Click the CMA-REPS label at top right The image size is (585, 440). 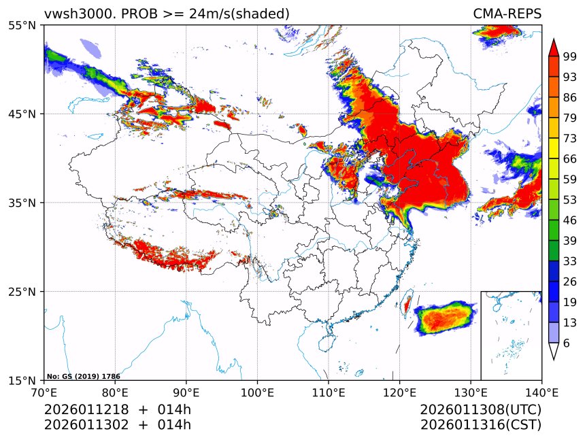(x=507, y=14)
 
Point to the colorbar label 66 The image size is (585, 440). (x=570, y=158)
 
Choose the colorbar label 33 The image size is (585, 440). (x=570, y=261)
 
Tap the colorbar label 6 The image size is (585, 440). (x=567, y=343)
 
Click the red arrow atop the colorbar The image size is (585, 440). (x=554, y=47)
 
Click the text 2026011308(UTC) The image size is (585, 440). (x=480, y=409)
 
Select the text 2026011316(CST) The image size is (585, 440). (x=480, y=425)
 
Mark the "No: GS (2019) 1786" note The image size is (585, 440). (x=83, y=376)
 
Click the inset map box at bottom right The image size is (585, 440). (x=511, y=335)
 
